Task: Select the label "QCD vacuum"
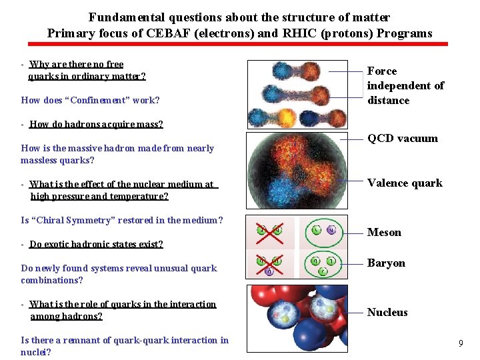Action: click(x=403, y=139)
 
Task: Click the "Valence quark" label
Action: click(x=405, y=183)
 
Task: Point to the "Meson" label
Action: click(x=384, y=233)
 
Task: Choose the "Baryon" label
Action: click(x=386, y=263)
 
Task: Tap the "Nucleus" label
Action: click(x=387, y=313)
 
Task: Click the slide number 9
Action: click(x=461, y=343)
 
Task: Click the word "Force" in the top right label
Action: click(x=382, y=71)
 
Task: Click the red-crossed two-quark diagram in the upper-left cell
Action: click(x=270, y=231)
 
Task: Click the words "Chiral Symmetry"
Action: click(x=83, y=221)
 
